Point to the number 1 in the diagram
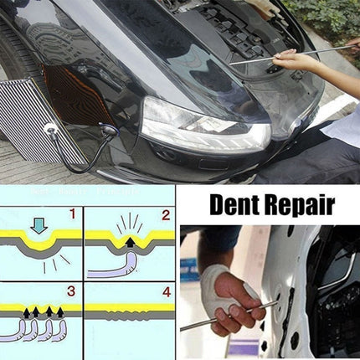coord(70,214)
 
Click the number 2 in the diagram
coord(165,215)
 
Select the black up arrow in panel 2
coord(129,242)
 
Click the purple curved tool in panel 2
coord(117,269)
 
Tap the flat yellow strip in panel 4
coord(129,308)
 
